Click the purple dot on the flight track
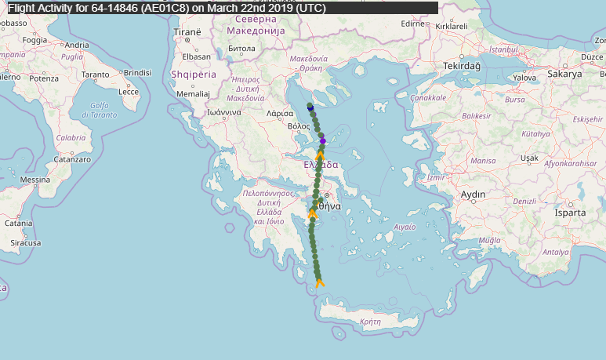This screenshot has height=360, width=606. tap(322, 141)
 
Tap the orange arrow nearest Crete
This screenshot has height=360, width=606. tap(319, 282)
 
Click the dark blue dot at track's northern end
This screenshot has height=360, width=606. tap(310, 106)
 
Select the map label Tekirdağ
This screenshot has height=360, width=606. tap(461, 67)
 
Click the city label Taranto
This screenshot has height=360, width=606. tap(95, 74)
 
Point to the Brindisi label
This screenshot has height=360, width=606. tap(136, 72)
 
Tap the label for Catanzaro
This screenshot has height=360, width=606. tap(73, 158)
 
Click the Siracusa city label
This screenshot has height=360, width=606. tap(25, 243)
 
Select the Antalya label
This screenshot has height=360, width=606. tap(555, 252)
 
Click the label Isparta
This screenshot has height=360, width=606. tap(570, 213)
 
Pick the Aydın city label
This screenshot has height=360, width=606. tap(474, 194)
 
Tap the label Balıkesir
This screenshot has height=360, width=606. tap(475, 116)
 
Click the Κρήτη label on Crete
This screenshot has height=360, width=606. tap(369, 322)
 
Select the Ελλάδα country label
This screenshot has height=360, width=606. tap(321, 165)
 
